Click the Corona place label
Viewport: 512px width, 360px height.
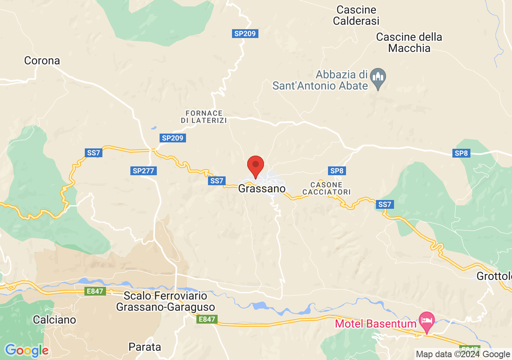pyautogui.click(x=42, y=61)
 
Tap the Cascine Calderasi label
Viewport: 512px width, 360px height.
pyautogui.click(x=356, y=15)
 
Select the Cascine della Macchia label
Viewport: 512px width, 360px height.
pyautogui.click(x=409, y=43)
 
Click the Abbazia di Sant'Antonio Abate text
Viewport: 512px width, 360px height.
pyautogui.click(x=320, y=80)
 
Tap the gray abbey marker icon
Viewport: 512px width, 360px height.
pyautogui.click(x=378, y=78)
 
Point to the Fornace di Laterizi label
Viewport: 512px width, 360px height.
pyautogui.click(x=204, y=117)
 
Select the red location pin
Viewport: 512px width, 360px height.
pyautogui.click(x=256, y=166)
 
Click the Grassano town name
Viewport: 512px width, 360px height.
pyautogui.click(x=262, y=189)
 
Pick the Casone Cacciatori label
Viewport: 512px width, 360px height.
pyautogui.click(x=326, y=188)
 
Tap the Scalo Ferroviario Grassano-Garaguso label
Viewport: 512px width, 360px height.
pyautogui.click(x=166, y=302)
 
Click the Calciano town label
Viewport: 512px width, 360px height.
pyautogui.click(x=54, y=320)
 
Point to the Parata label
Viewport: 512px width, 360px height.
pyautogui.click(x=145, y=347)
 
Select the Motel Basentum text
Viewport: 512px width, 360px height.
pyautogui.click(x=376, y=323)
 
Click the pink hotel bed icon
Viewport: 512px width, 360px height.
pyautogui.click(x=427, y=320)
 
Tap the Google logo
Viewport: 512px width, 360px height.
pyautogui.click(x=26, y=351)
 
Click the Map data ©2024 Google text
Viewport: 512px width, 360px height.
pyautogui.click(x=463, y=354)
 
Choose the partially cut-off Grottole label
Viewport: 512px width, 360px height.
pyautogui.click(x=494, y=276)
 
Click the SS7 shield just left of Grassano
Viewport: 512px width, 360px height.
pyautogui.click(x=217, y=181)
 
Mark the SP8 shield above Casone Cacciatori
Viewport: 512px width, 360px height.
pyautogui.click(x=337, y=171)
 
